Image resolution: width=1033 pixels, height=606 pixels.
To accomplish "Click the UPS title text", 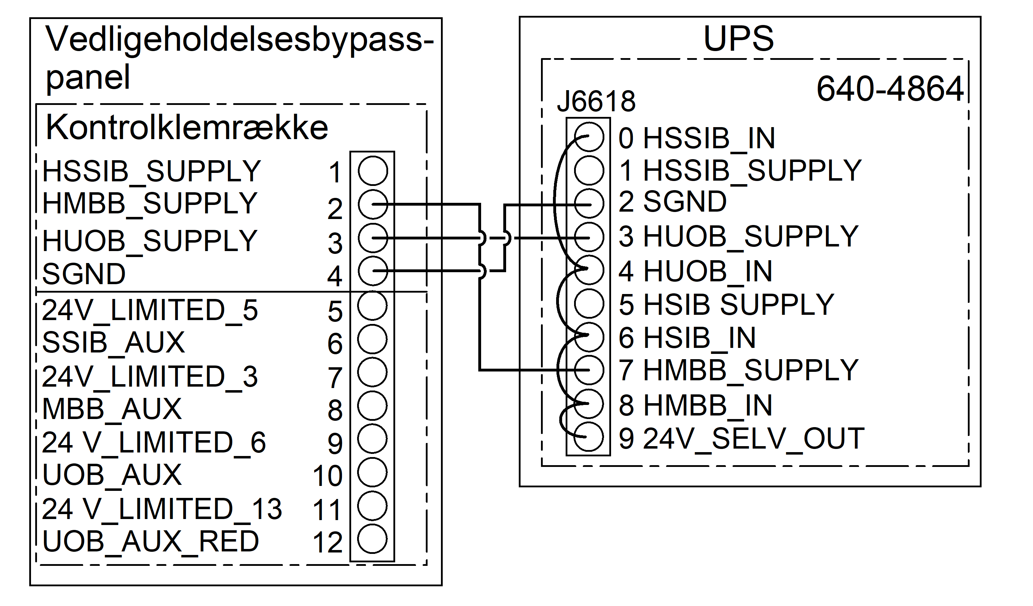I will [738, 39].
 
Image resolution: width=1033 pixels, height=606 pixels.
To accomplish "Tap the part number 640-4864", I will [890, 89].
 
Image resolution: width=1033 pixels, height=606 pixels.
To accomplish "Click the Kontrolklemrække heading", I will [187, 127].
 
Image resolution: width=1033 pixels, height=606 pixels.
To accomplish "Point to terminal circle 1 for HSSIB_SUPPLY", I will [373, 170].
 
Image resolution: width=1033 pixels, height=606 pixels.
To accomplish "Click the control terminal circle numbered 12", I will [372, 539].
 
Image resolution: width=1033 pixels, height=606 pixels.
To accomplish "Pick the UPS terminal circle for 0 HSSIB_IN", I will [589, 137].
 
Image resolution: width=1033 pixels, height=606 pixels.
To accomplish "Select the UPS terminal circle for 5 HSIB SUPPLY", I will [589, 304].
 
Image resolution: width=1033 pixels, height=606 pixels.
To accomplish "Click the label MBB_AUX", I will [112, 409].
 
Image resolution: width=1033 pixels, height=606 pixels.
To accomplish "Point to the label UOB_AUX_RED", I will [150, 542].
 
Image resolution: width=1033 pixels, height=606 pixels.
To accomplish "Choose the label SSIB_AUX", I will [113, 342].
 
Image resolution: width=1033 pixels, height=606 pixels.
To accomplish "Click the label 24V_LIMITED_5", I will [150, 310].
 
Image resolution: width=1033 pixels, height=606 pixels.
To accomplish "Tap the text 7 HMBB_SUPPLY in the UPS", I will [738, 370].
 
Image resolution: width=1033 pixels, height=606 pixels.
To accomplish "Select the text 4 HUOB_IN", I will [695, 271].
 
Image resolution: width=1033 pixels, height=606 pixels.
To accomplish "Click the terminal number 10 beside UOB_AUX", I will [327, 476].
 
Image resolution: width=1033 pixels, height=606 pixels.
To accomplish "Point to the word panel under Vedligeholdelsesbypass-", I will [88, 77].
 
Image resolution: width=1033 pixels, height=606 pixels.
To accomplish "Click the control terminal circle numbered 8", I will [372, 406].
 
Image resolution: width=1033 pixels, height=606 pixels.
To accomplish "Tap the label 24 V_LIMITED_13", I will [162, 509].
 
